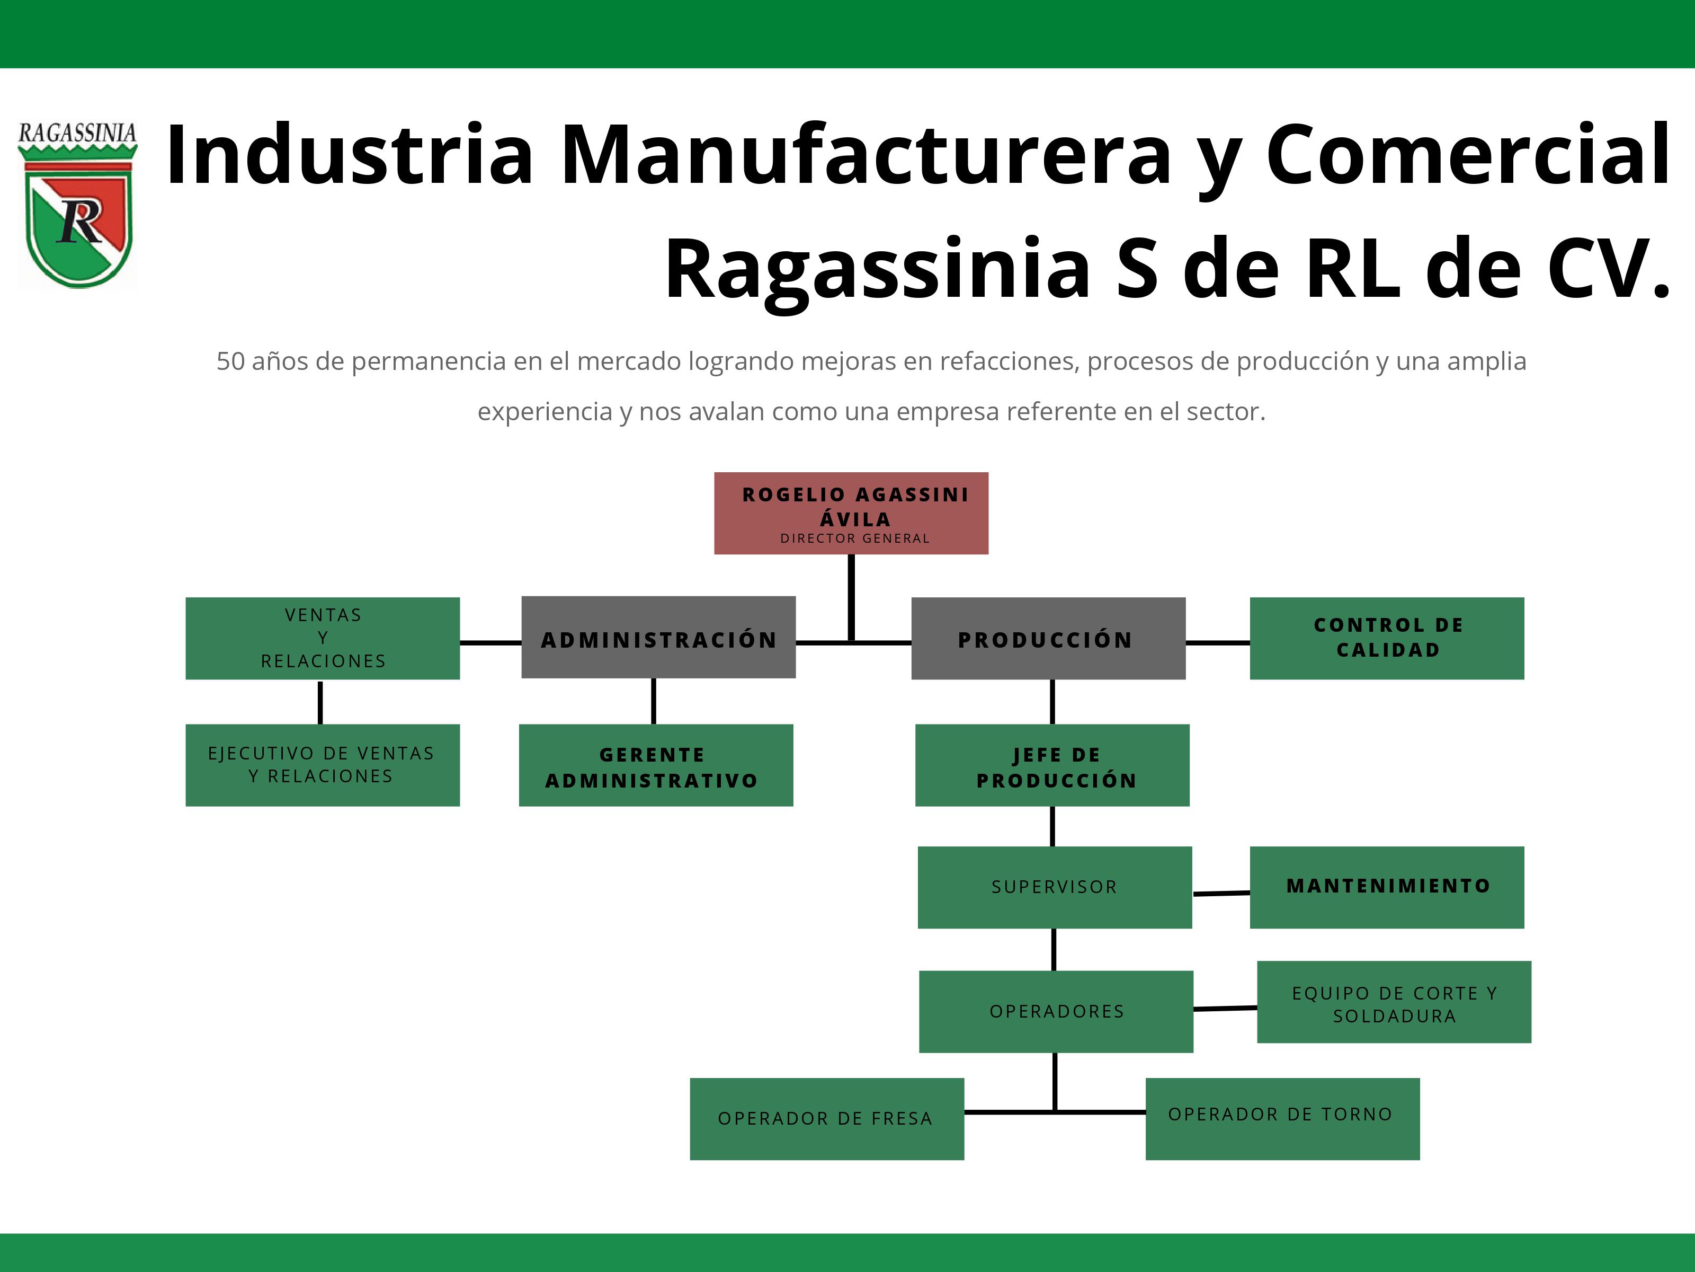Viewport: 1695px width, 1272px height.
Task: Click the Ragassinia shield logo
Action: click(x=77, y=205)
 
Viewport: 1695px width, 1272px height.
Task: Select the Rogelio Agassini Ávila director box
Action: click(x=851, y=513)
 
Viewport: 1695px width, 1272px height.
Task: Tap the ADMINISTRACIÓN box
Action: click(x=658, y=637)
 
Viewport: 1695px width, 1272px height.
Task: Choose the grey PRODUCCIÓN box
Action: click(x=1048, y=638)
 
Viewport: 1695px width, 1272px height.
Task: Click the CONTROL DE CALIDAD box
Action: click(x=1387, y=638)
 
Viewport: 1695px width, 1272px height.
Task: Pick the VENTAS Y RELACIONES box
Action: click(x=323, y=638)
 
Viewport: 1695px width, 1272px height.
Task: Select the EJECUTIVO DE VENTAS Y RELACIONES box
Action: click(x=323, y=764)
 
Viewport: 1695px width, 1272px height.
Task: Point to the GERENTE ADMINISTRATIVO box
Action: click(x=656, y=764)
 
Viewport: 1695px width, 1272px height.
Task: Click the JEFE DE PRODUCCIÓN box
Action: click(x=1052, y=764)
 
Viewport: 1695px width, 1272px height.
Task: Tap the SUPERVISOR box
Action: click(x=1055, y=887)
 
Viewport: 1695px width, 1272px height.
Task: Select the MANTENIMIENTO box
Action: click(x=1387, y=887)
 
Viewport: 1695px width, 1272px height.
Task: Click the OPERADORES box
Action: click(x=1056, y=1011)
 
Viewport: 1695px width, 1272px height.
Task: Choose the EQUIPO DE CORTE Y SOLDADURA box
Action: click(x=1394, y=1001)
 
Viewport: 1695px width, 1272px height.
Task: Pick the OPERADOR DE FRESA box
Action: click(x=827, y=1119)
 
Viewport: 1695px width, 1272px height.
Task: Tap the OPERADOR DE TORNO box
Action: click(x=1282, y=1119)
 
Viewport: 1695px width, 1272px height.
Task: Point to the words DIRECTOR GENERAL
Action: click(x=854, y=538)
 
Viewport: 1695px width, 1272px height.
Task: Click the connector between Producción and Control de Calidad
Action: click(x=1218, y=642)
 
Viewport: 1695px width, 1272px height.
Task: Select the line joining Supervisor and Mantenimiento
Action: click(x=1221, y=893)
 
